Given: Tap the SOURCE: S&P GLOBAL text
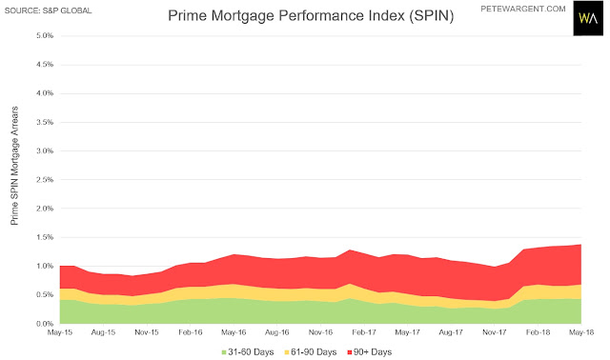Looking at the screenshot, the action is point(48,10).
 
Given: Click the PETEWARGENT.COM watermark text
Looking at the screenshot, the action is point(523,9).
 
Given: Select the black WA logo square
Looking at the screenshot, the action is point(588,18).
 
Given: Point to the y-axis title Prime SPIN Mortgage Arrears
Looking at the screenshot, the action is point(14,165).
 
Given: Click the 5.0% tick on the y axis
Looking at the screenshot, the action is point(45,36).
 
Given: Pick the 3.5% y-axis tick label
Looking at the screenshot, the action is point(45,122).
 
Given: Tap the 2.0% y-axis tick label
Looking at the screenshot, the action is point(45,209).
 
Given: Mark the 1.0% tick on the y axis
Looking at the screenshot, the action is point(45,266).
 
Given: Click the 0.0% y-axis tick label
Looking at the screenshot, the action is point(45,324).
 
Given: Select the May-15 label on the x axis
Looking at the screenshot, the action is point(60,332).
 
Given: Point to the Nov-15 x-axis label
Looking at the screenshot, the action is point(147,332).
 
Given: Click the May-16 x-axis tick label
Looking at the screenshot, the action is point(234,332).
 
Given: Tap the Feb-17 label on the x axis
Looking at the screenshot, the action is point(364,332).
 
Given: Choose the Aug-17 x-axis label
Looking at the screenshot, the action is point(451,332).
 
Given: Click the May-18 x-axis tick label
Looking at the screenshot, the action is point(581,332).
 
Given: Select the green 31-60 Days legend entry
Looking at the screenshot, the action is point(248,352).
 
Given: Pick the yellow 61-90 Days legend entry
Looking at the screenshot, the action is point(311,352).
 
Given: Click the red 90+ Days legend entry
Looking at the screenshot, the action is point(370,352).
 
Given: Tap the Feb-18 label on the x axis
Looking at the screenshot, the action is point(538,332).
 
